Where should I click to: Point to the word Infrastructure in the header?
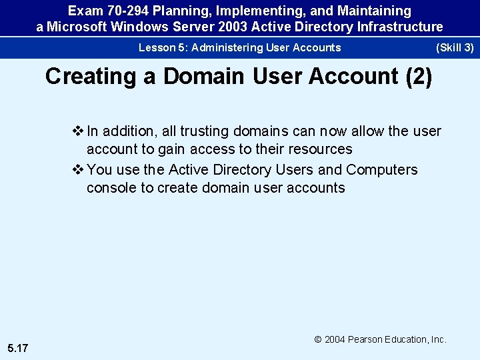[401, 27]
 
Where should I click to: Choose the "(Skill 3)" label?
[455, 47]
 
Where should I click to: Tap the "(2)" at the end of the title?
[419, 76]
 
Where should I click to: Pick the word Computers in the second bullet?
[382, 170]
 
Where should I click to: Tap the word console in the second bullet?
[111, 187]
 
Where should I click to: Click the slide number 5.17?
[18, 347]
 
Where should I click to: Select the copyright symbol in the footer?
[318, 339]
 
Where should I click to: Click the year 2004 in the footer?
[335, 339]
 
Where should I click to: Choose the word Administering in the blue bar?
[227, 47]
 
